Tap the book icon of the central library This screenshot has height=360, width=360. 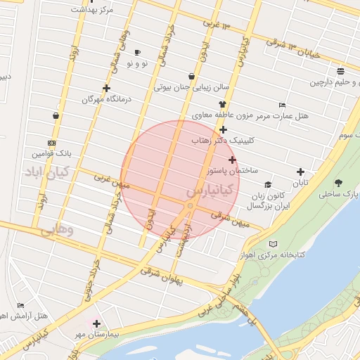point(274,244)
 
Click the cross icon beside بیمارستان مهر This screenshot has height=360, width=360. point(96,324)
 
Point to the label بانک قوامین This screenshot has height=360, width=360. point(52,153)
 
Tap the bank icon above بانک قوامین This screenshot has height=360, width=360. point(51,141)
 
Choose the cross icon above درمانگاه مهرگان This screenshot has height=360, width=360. point(106,89)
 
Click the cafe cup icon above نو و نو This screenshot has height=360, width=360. point(137,52)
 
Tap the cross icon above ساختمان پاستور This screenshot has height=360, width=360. point(233,160)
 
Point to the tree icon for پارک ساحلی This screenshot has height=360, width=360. point(339,182)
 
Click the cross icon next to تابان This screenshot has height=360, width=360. point(301,172)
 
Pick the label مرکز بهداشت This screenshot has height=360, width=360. point(92,11)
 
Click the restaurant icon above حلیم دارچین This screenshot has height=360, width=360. point(340,71)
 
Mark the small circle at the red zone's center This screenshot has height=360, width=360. point(190,205)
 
